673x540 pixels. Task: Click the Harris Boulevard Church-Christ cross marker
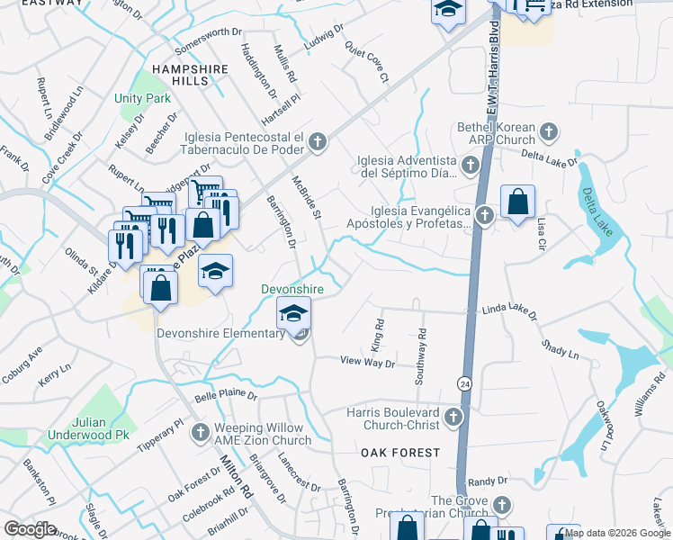[x=453, y=417]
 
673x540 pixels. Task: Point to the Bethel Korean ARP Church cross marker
[x=547, y=134]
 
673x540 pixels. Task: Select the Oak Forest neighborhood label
[x=400, y=452]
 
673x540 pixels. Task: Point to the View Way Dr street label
[x=368, y=362]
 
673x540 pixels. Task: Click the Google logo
[x=30, y=529]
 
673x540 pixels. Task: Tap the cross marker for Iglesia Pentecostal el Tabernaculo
[x=318, y=141]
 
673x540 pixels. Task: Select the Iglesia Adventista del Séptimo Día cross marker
[x=470, y=166]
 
